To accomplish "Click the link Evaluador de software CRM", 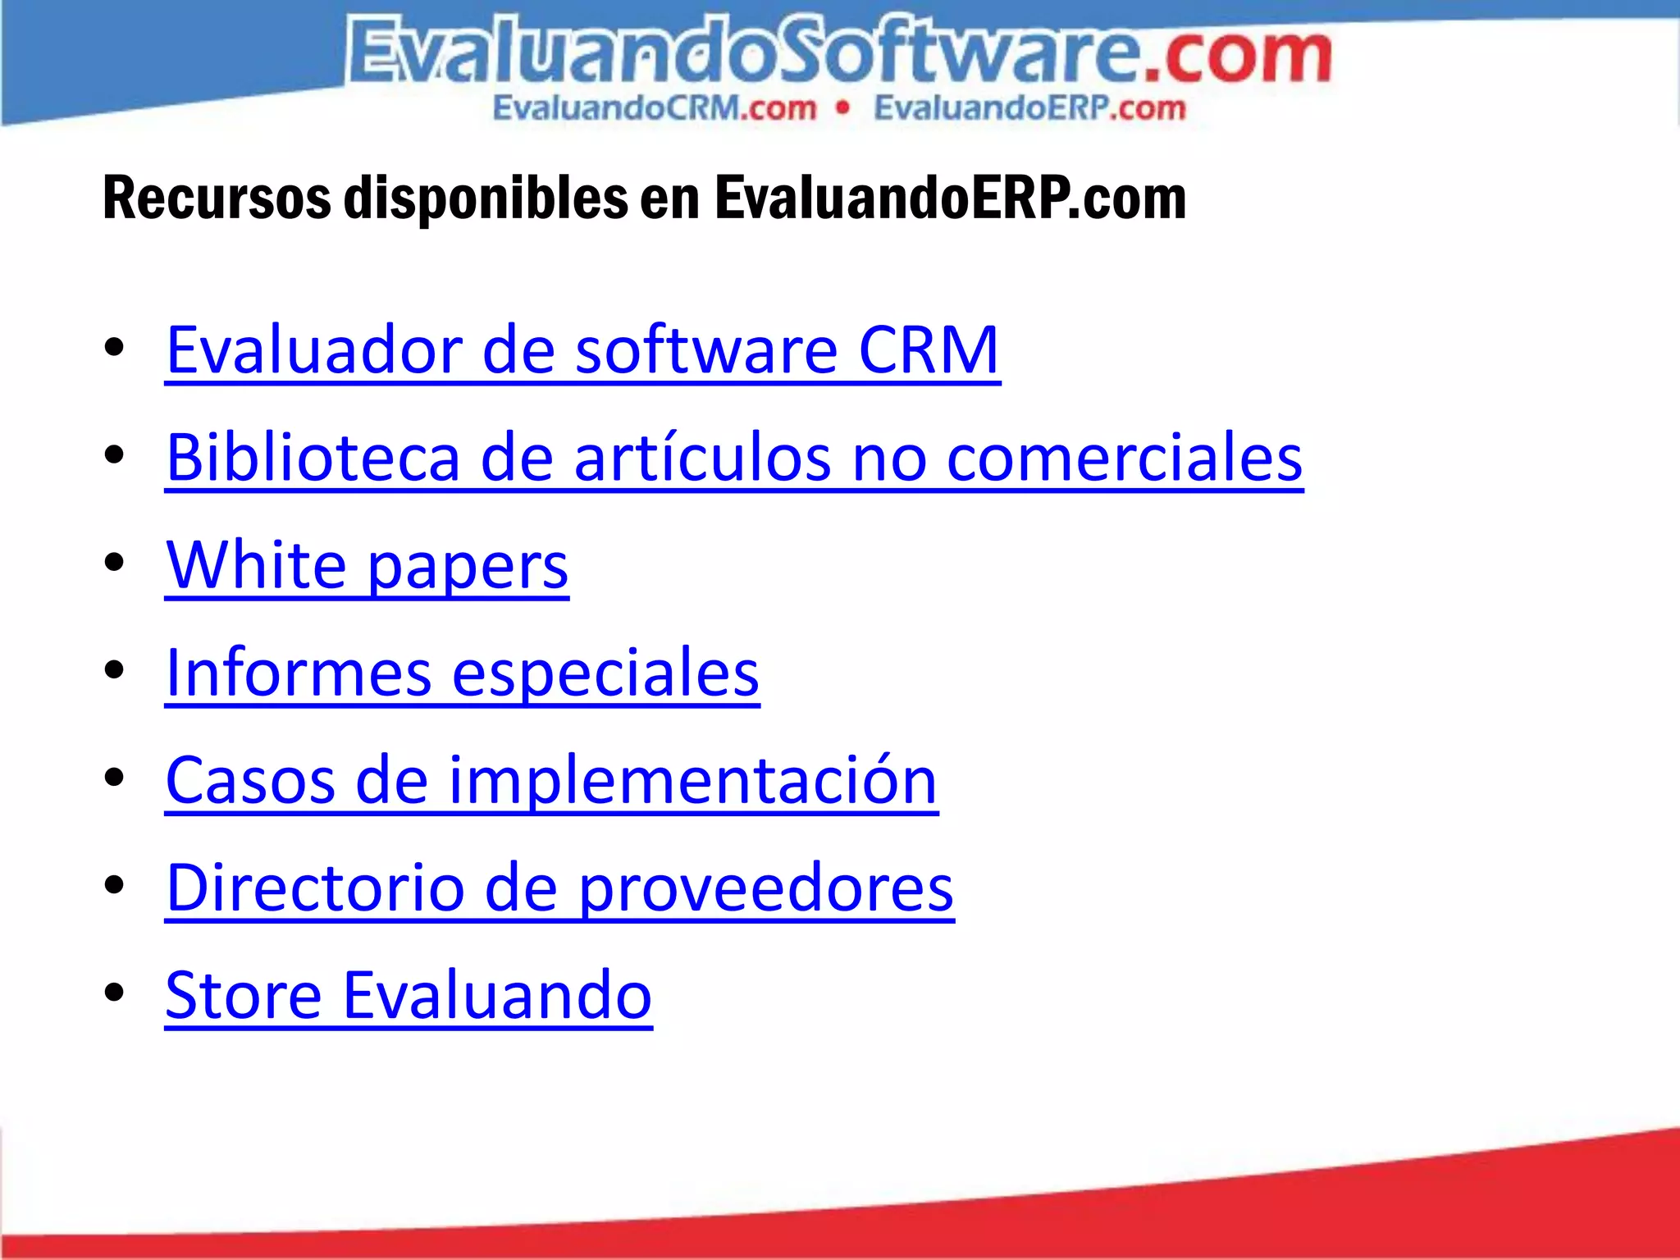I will click(x=582, y=350).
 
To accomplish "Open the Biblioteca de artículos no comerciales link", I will click(x=734, y=458).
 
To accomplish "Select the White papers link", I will click(x=367, y=565).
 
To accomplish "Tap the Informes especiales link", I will click(x=462, y=673).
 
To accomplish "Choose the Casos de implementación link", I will click(x=551, y=780).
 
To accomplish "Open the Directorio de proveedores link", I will click(x=559, y=888).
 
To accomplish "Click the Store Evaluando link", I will click(x=409, y=995).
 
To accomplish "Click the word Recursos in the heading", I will click(x=217, y=199).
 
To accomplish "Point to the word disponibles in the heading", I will click(x=486, y=199).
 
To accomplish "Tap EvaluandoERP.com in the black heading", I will click(x=950, y=199).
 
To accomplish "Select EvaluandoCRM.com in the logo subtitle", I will click(x=655, y=108).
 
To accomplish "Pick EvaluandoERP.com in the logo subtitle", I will click(x=1029, y=108).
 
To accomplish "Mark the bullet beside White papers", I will click(x=114, y=563).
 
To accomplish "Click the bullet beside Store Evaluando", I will click(x=114, y=993).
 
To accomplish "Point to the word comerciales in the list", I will click(x=1125, y=458).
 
